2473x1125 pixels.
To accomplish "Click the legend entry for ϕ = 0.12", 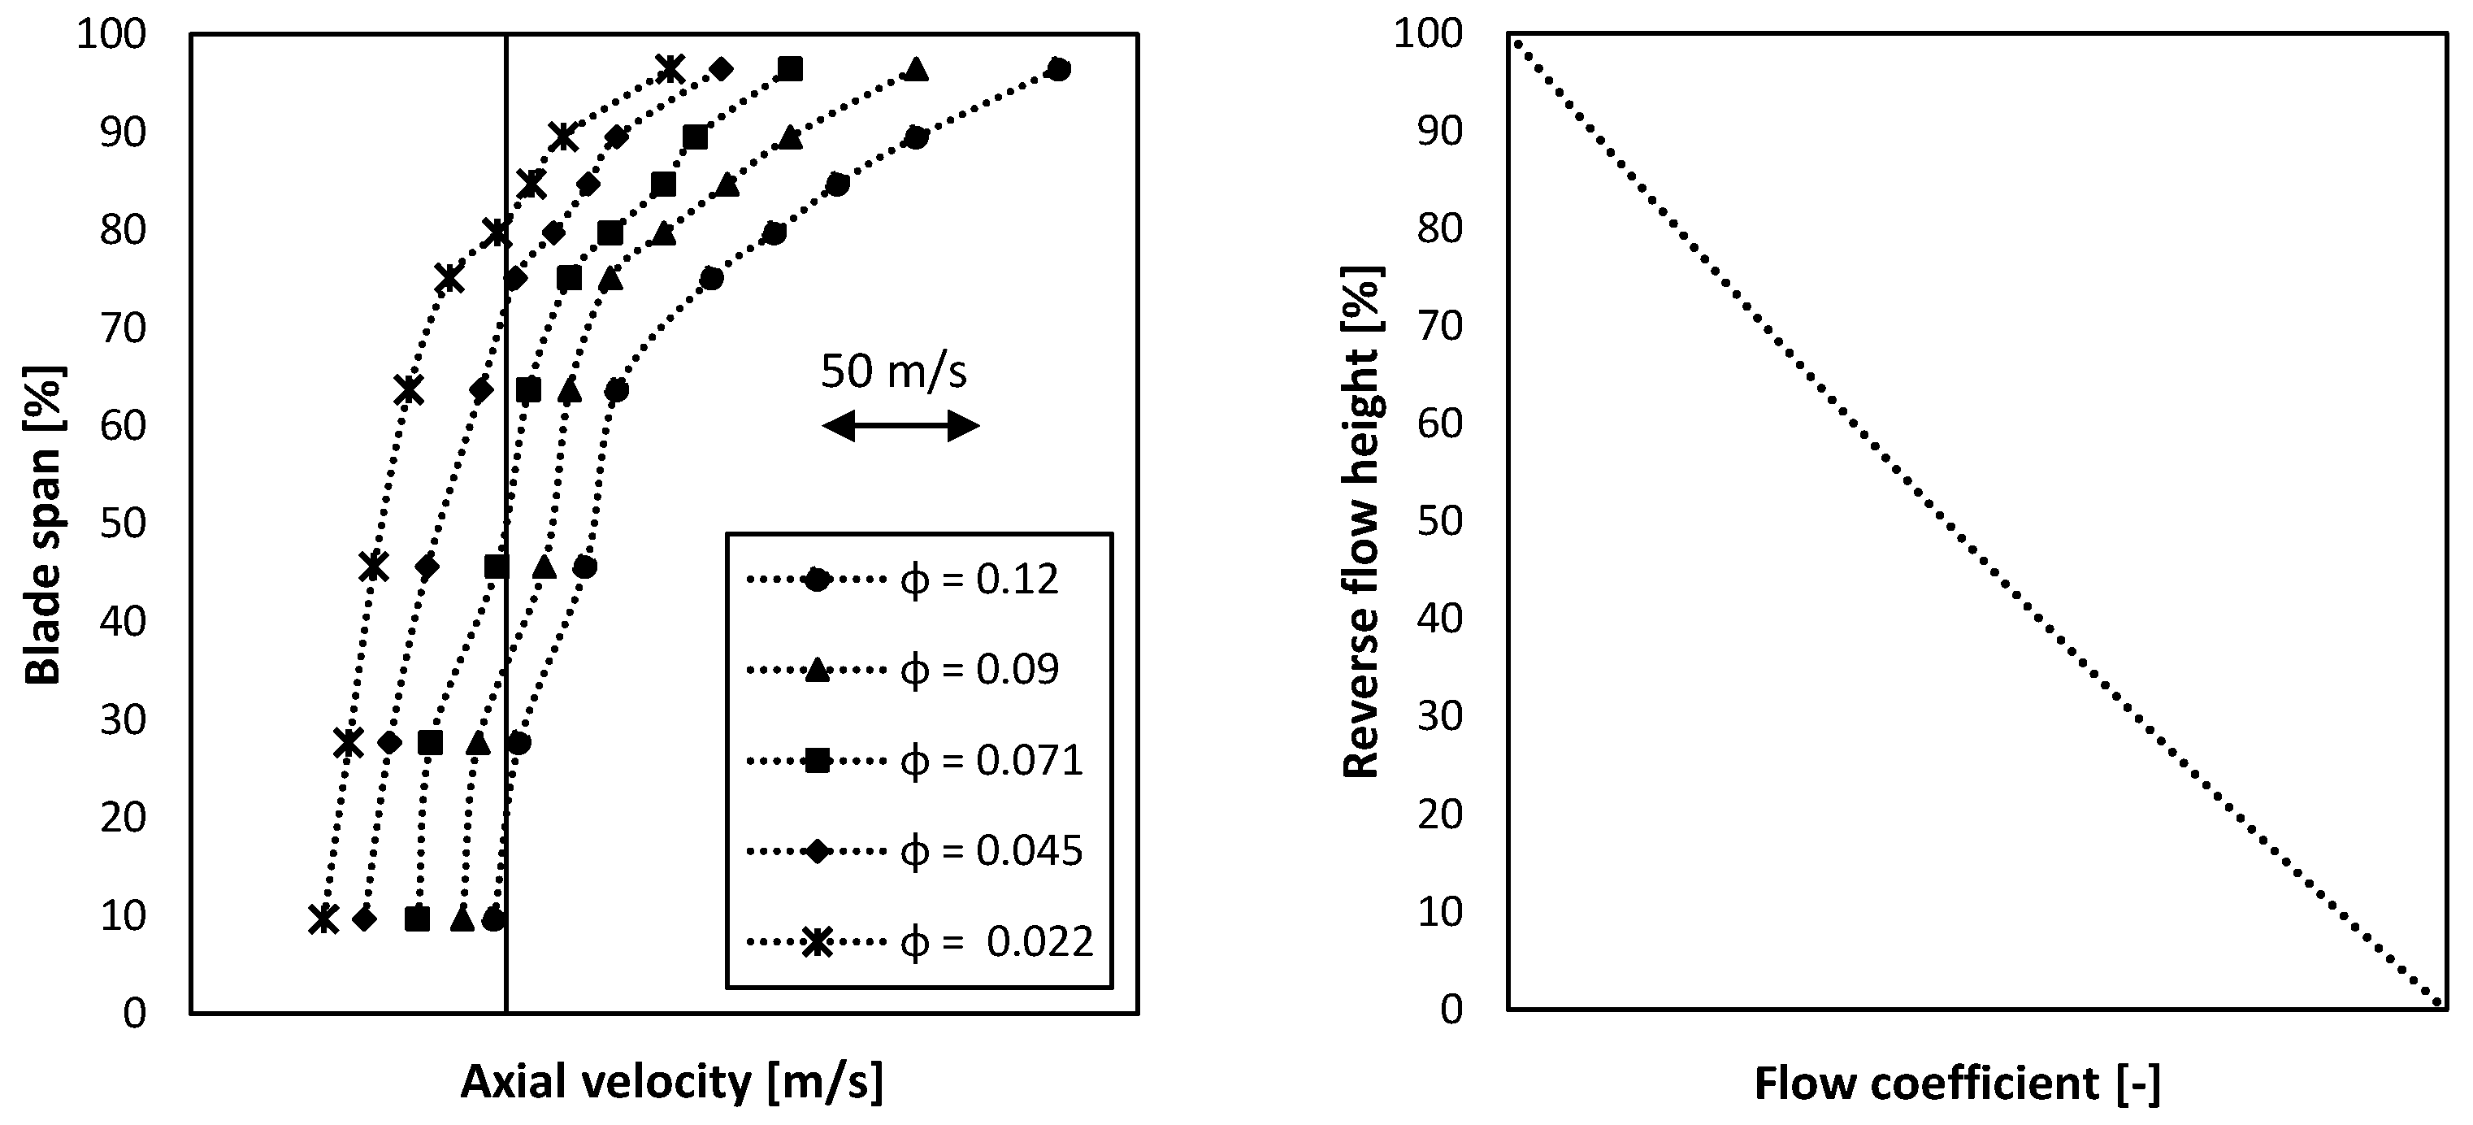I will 902,580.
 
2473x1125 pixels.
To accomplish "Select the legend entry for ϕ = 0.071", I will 914,761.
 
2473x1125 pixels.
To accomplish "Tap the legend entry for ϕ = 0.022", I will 920,941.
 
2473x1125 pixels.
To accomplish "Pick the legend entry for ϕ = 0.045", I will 914,850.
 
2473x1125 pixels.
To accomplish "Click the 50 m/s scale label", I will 893,371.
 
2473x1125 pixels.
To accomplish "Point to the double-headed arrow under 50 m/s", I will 900,426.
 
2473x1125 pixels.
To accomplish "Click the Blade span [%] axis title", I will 42,525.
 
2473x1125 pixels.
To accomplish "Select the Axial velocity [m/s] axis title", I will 672,1082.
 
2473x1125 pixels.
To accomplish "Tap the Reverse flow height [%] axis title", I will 1360,523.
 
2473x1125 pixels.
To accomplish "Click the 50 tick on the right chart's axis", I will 1440,521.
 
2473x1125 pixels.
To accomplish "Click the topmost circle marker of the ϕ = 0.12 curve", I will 1058,69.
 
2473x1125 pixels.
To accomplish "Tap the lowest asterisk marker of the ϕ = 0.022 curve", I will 324,919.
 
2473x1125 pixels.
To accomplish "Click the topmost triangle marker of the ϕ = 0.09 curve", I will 917,69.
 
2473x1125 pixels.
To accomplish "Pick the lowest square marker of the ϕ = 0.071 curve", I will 417,919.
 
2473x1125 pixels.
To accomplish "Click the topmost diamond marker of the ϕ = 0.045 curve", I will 721,69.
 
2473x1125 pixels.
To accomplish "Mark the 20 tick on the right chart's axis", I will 1440,815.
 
